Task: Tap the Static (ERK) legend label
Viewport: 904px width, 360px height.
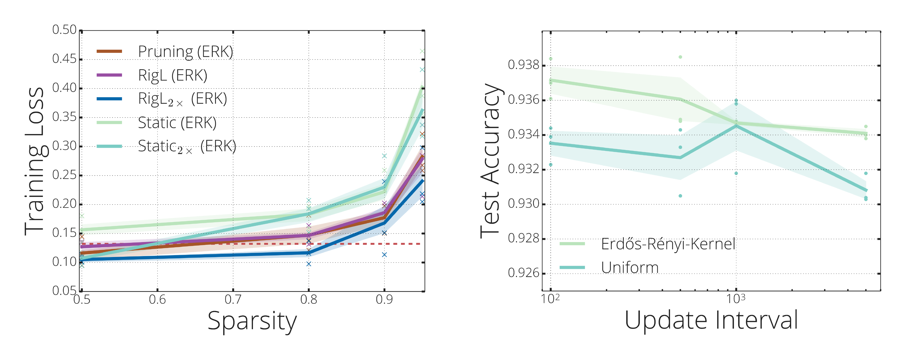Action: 177,123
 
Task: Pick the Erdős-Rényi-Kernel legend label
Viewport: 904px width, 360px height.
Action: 668,244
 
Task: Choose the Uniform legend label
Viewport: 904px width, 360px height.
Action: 630,268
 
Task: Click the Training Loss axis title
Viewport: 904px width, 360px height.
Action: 34,161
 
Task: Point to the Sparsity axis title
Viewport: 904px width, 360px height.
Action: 252,321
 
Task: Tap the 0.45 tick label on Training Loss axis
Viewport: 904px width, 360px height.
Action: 64,59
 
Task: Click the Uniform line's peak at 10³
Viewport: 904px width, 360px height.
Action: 736,125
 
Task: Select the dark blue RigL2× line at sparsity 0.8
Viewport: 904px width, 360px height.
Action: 308,252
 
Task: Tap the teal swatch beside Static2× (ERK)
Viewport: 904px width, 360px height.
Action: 109,146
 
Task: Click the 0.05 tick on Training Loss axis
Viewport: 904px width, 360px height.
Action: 64,291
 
